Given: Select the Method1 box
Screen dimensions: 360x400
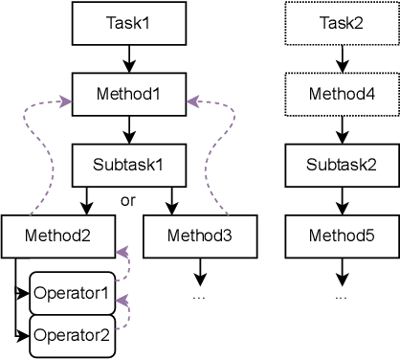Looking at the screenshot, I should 127,96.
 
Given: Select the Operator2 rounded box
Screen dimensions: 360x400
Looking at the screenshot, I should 73,335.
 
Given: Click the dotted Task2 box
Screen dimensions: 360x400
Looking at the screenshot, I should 340,21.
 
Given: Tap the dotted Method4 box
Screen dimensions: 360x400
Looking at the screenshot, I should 340,96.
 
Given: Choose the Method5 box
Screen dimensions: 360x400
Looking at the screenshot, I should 340,235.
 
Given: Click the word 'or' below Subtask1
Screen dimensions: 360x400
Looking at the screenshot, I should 128,200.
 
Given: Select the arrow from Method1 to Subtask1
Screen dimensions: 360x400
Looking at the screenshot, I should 127,128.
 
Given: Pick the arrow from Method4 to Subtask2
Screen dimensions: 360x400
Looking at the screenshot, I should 340,128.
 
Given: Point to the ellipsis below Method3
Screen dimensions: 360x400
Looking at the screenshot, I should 200,295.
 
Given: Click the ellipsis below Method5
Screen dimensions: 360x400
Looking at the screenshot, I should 340,295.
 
